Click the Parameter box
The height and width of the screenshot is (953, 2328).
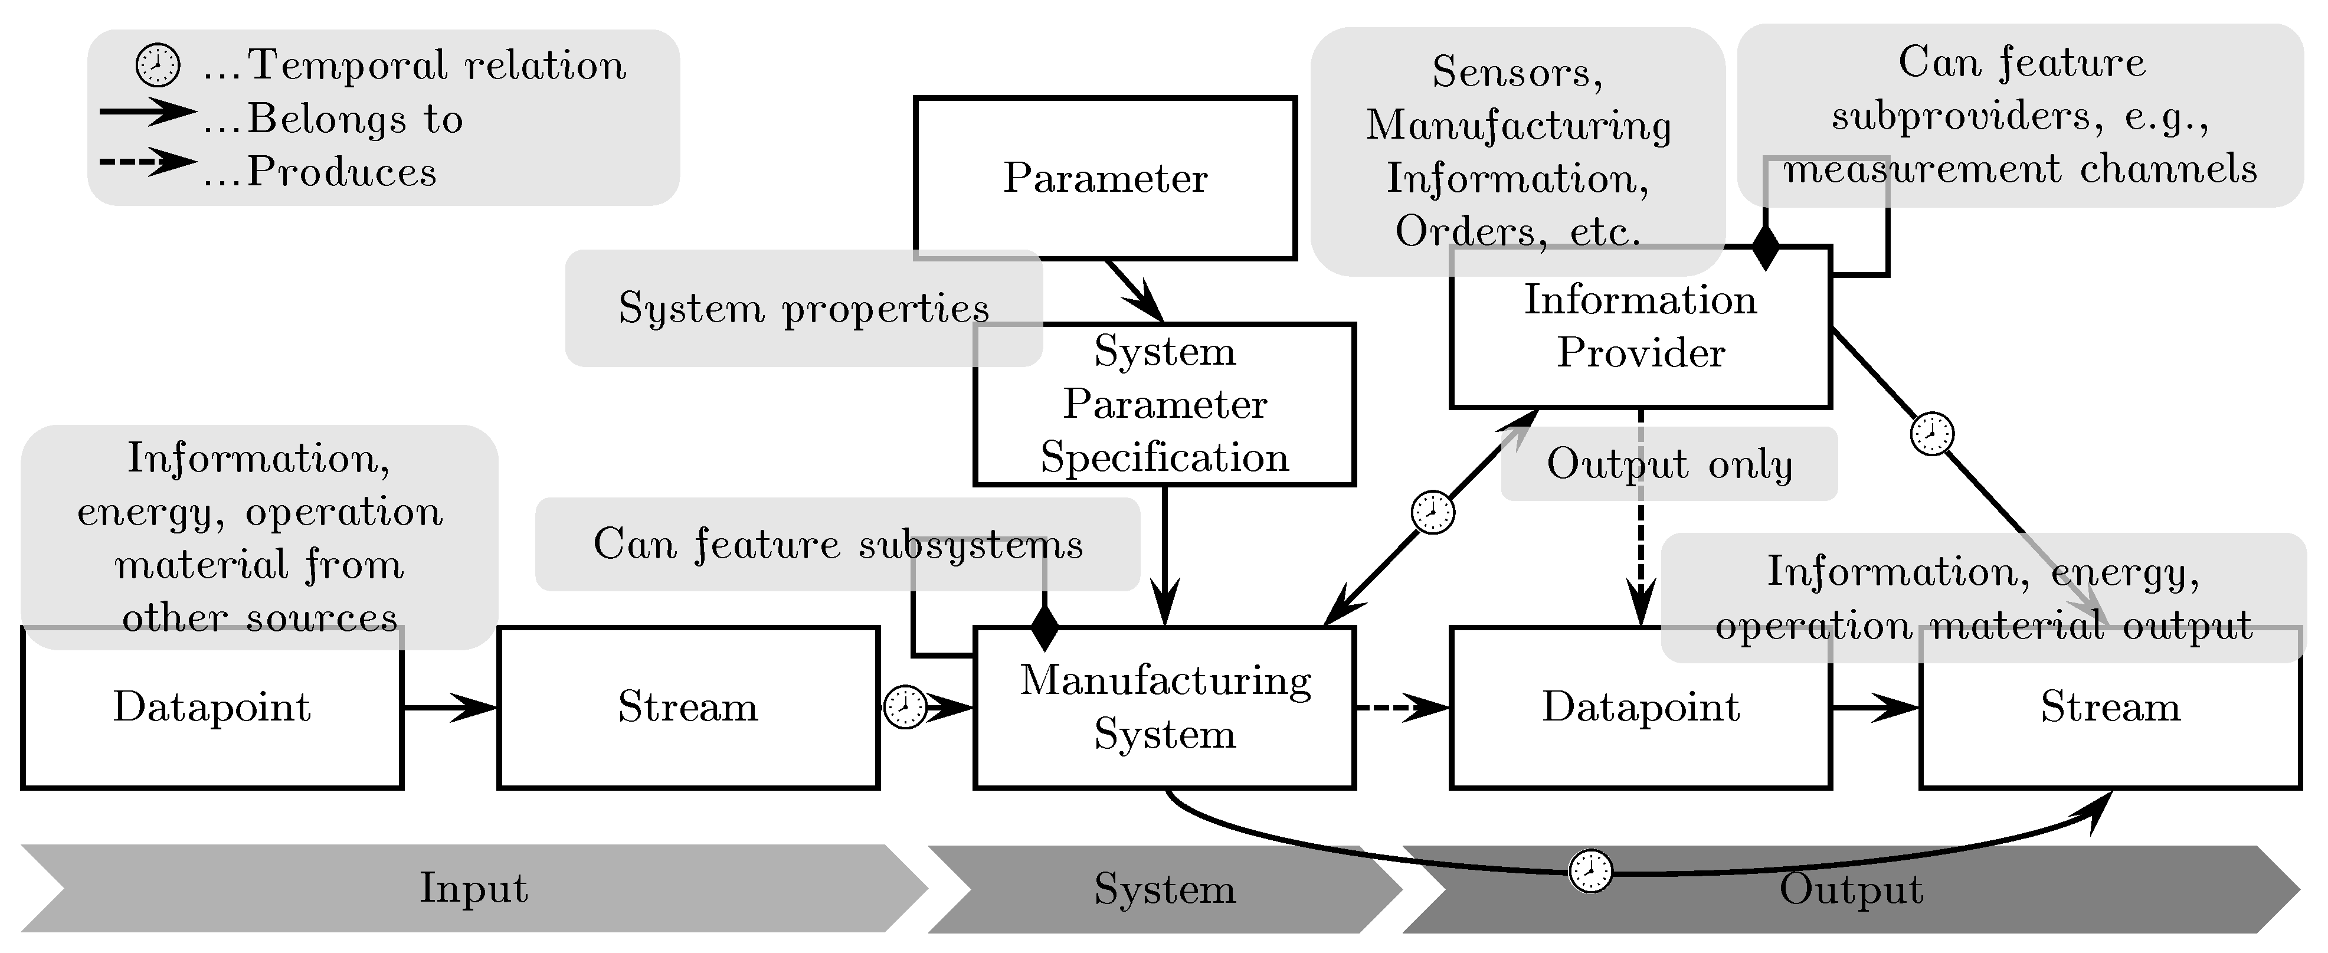pos(1104,178)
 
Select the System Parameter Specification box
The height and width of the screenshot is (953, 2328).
pos(1164,404)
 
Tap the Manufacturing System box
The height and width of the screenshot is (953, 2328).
pos(1164,708)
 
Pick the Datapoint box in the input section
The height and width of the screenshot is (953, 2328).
pos(211,708)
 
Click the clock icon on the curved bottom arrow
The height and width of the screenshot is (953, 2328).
pos(1590,872)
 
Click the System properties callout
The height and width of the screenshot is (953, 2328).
pos(803,308)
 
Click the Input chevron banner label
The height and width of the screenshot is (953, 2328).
pos(473,888)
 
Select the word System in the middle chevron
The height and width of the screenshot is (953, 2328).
pos(1164,889)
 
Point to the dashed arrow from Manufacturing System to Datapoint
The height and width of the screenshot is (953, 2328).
pos(1401,708)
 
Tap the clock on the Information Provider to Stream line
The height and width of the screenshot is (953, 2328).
pos(1931,434)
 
